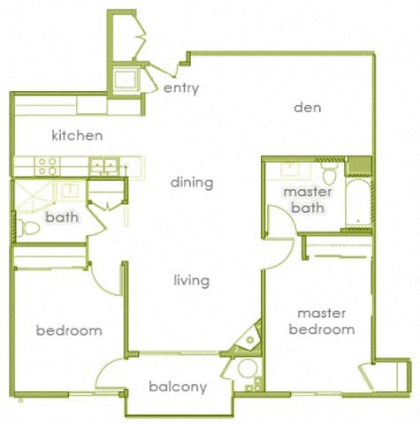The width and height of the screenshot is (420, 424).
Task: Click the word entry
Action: point(181,88)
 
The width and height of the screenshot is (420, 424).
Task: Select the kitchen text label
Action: point(77,136)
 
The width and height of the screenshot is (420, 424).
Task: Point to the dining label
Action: point(192,183)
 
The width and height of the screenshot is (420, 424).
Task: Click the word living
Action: point(191,281)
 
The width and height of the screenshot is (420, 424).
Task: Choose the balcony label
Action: point(178,387)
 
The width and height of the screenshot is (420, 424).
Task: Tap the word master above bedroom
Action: point(321,313)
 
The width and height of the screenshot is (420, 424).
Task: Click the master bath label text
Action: point(307,200)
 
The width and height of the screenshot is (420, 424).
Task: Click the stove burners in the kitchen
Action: point(47,165)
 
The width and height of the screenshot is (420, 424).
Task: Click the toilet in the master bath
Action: point(330,170)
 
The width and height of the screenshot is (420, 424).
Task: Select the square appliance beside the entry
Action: point(125,79)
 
